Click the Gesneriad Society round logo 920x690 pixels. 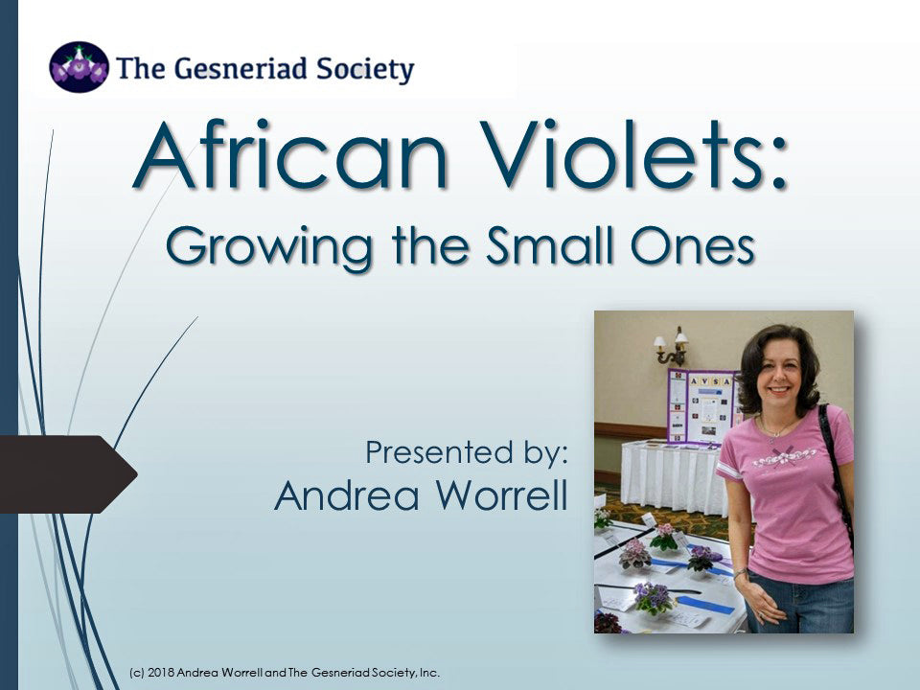pos(79,67)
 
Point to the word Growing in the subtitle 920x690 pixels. pos(269,246)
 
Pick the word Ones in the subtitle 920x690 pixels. pos(692,245)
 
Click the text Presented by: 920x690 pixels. pos(467,453)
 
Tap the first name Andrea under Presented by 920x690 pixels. pos(347,494)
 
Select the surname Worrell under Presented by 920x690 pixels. pos(501,494)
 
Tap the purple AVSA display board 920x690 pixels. pos(702,406)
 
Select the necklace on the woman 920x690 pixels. pos(775,426)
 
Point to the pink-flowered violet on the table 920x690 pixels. pos(664,537)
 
